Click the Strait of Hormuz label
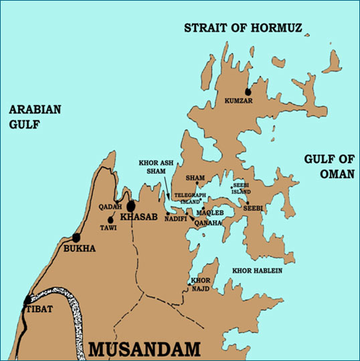[244, 28]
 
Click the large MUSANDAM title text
[145, 348]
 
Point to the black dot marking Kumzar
[248, 92]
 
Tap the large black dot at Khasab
[131, 206]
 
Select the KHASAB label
[139, 217]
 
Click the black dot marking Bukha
[76, 237]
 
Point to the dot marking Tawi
[110, 220]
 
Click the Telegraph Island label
[188, 198]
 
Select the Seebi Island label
[240, 189]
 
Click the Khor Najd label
[200, 283]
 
